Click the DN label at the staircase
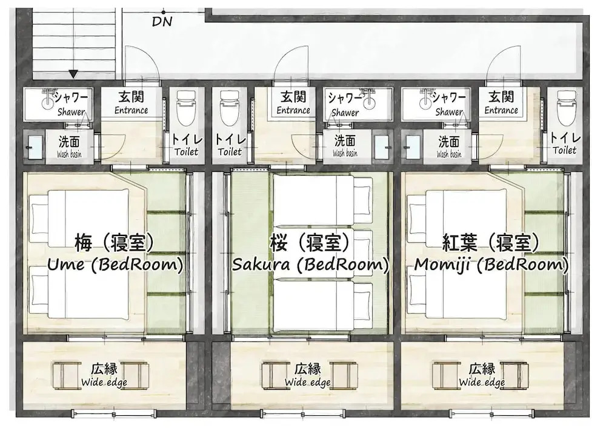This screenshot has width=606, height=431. (x=162, y=22)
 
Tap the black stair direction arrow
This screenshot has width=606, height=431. (x=73, y=74)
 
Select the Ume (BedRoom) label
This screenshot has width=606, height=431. (x=115, y=265)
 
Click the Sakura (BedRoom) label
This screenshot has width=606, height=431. (x=310, y=265)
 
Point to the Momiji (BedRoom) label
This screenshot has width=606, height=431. (x=491, y=265)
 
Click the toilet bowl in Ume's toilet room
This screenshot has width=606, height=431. (x=186, y=108)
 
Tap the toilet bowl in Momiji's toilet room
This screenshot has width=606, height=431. (x=567, y=108)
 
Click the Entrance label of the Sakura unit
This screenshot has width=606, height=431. (x=293, y=110)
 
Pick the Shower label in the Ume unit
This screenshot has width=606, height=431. (x=71, y=113)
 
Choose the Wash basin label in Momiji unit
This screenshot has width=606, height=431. (x=449, y=154)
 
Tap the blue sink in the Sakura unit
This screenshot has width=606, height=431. (x=382, y=146)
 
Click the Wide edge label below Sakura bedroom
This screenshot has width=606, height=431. (x=308, y=383)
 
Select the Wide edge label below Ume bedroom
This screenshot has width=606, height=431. (x=104, y=383)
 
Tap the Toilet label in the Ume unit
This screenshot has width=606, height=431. (x=186, y=152)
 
